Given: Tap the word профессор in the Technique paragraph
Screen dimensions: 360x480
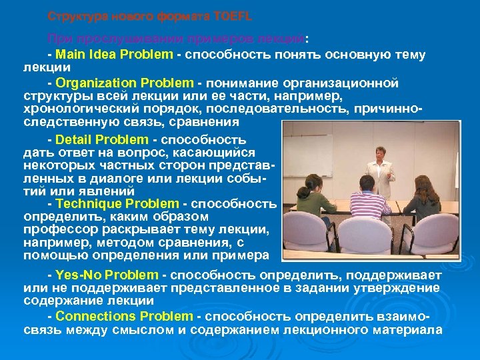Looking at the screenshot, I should click(x=53, y=229).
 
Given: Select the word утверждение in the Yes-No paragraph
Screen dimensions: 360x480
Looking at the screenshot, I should click(x=396, y=287).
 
